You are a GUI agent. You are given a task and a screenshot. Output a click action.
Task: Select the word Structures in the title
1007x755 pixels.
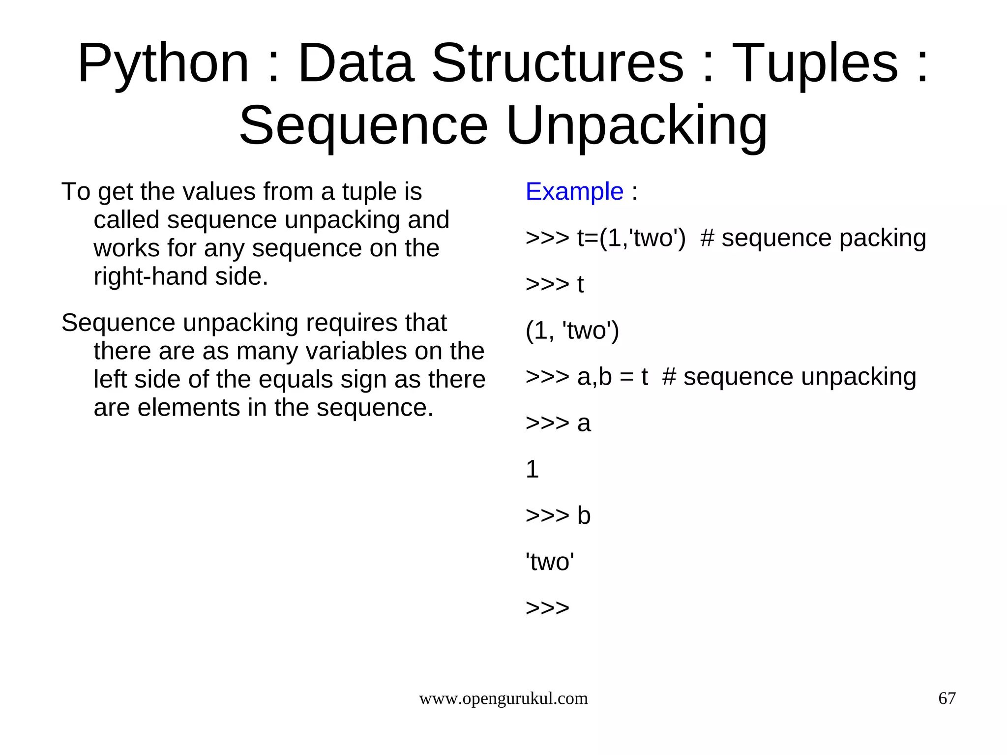[x=558, y=64]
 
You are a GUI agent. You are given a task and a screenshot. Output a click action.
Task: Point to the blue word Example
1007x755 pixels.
[x=574, y=191]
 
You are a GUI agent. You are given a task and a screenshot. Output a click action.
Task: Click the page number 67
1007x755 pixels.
[x=947, y=698]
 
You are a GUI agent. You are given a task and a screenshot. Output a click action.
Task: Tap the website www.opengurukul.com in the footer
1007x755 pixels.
[x=503, y=698]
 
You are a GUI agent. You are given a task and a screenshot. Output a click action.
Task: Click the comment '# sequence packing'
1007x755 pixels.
[x=813, y=238]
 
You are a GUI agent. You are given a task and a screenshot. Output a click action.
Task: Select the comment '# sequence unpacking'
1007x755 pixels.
[x=789, y=377]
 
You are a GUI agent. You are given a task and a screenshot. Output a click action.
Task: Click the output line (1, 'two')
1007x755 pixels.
[x=572, y=331]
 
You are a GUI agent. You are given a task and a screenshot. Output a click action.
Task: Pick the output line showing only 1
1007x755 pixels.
[x=532, y=469]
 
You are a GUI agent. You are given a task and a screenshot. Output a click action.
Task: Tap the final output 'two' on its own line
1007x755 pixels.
[x=550, y=562]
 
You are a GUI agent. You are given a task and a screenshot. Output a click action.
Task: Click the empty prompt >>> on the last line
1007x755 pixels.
[x=547, y=608]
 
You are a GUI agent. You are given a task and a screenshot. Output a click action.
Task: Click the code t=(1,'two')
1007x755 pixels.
[x=631, y=238]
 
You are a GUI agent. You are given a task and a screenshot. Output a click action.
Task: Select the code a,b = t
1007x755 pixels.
[x=613, y=377]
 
